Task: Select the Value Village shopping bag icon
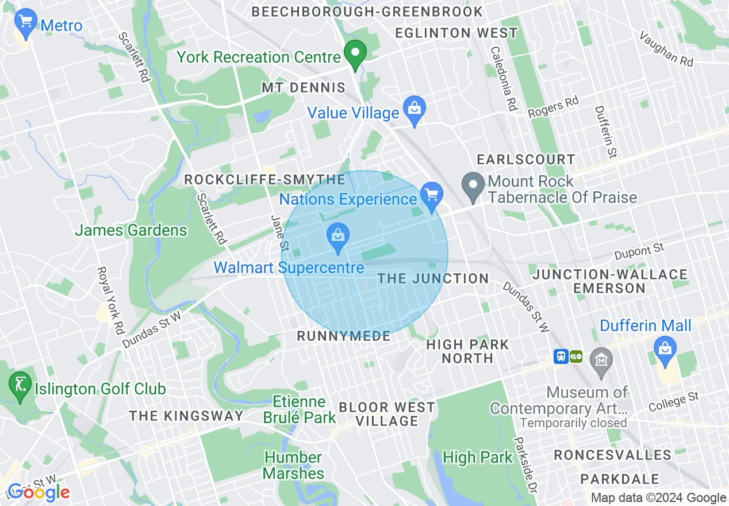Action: pyautogui.click(x=413, y=109)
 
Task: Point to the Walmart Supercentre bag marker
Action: pyautogui.click(x=338, y=236)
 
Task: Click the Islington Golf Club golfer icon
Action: pyautogui.click(x=21, y=385)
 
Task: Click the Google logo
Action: pyautogui.click(x=39, y=492)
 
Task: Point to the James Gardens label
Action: pyautogui.click(x=131, y=231)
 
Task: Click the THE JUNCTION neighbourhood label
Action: pyautogui.click(x=433, y=279)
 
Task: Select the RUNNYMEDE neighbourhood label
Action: pyautogui.click(x=343, y=336)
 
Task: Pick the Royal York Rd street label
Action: pyautogui.click(x=111, y=301)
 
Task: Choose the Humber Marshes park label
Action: pyautogui.click(x=294, y=466)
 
